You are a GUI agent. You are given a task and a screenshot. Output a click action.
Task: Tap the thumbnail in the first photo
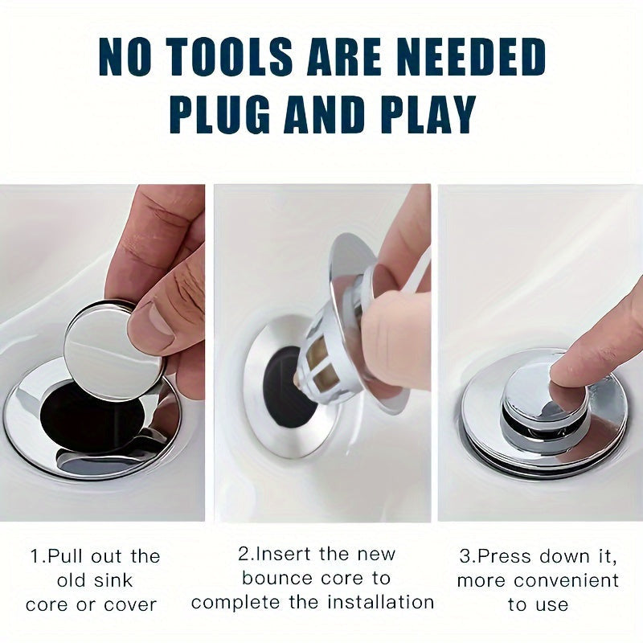point(160,317)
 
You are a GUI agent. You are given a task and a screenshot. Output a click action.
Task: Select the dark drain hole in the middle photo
point(287,386)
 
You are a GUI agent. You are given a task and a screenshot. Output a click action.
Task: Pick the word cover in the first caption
point(130,605)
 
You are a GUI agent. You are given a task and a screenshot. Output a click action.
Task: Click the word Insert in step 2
point(284,554)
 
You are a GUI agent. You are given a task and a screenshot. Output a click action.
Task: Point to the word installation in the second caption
point(380,602)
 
